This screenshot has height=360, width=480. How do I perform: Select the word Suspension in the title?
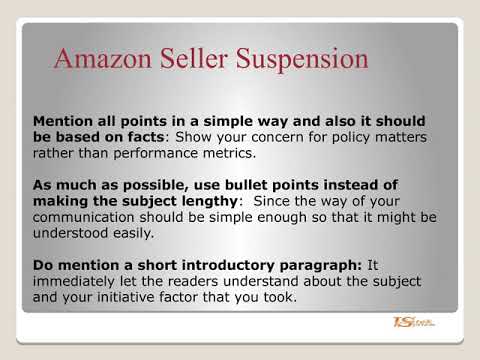coord(305,60)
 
